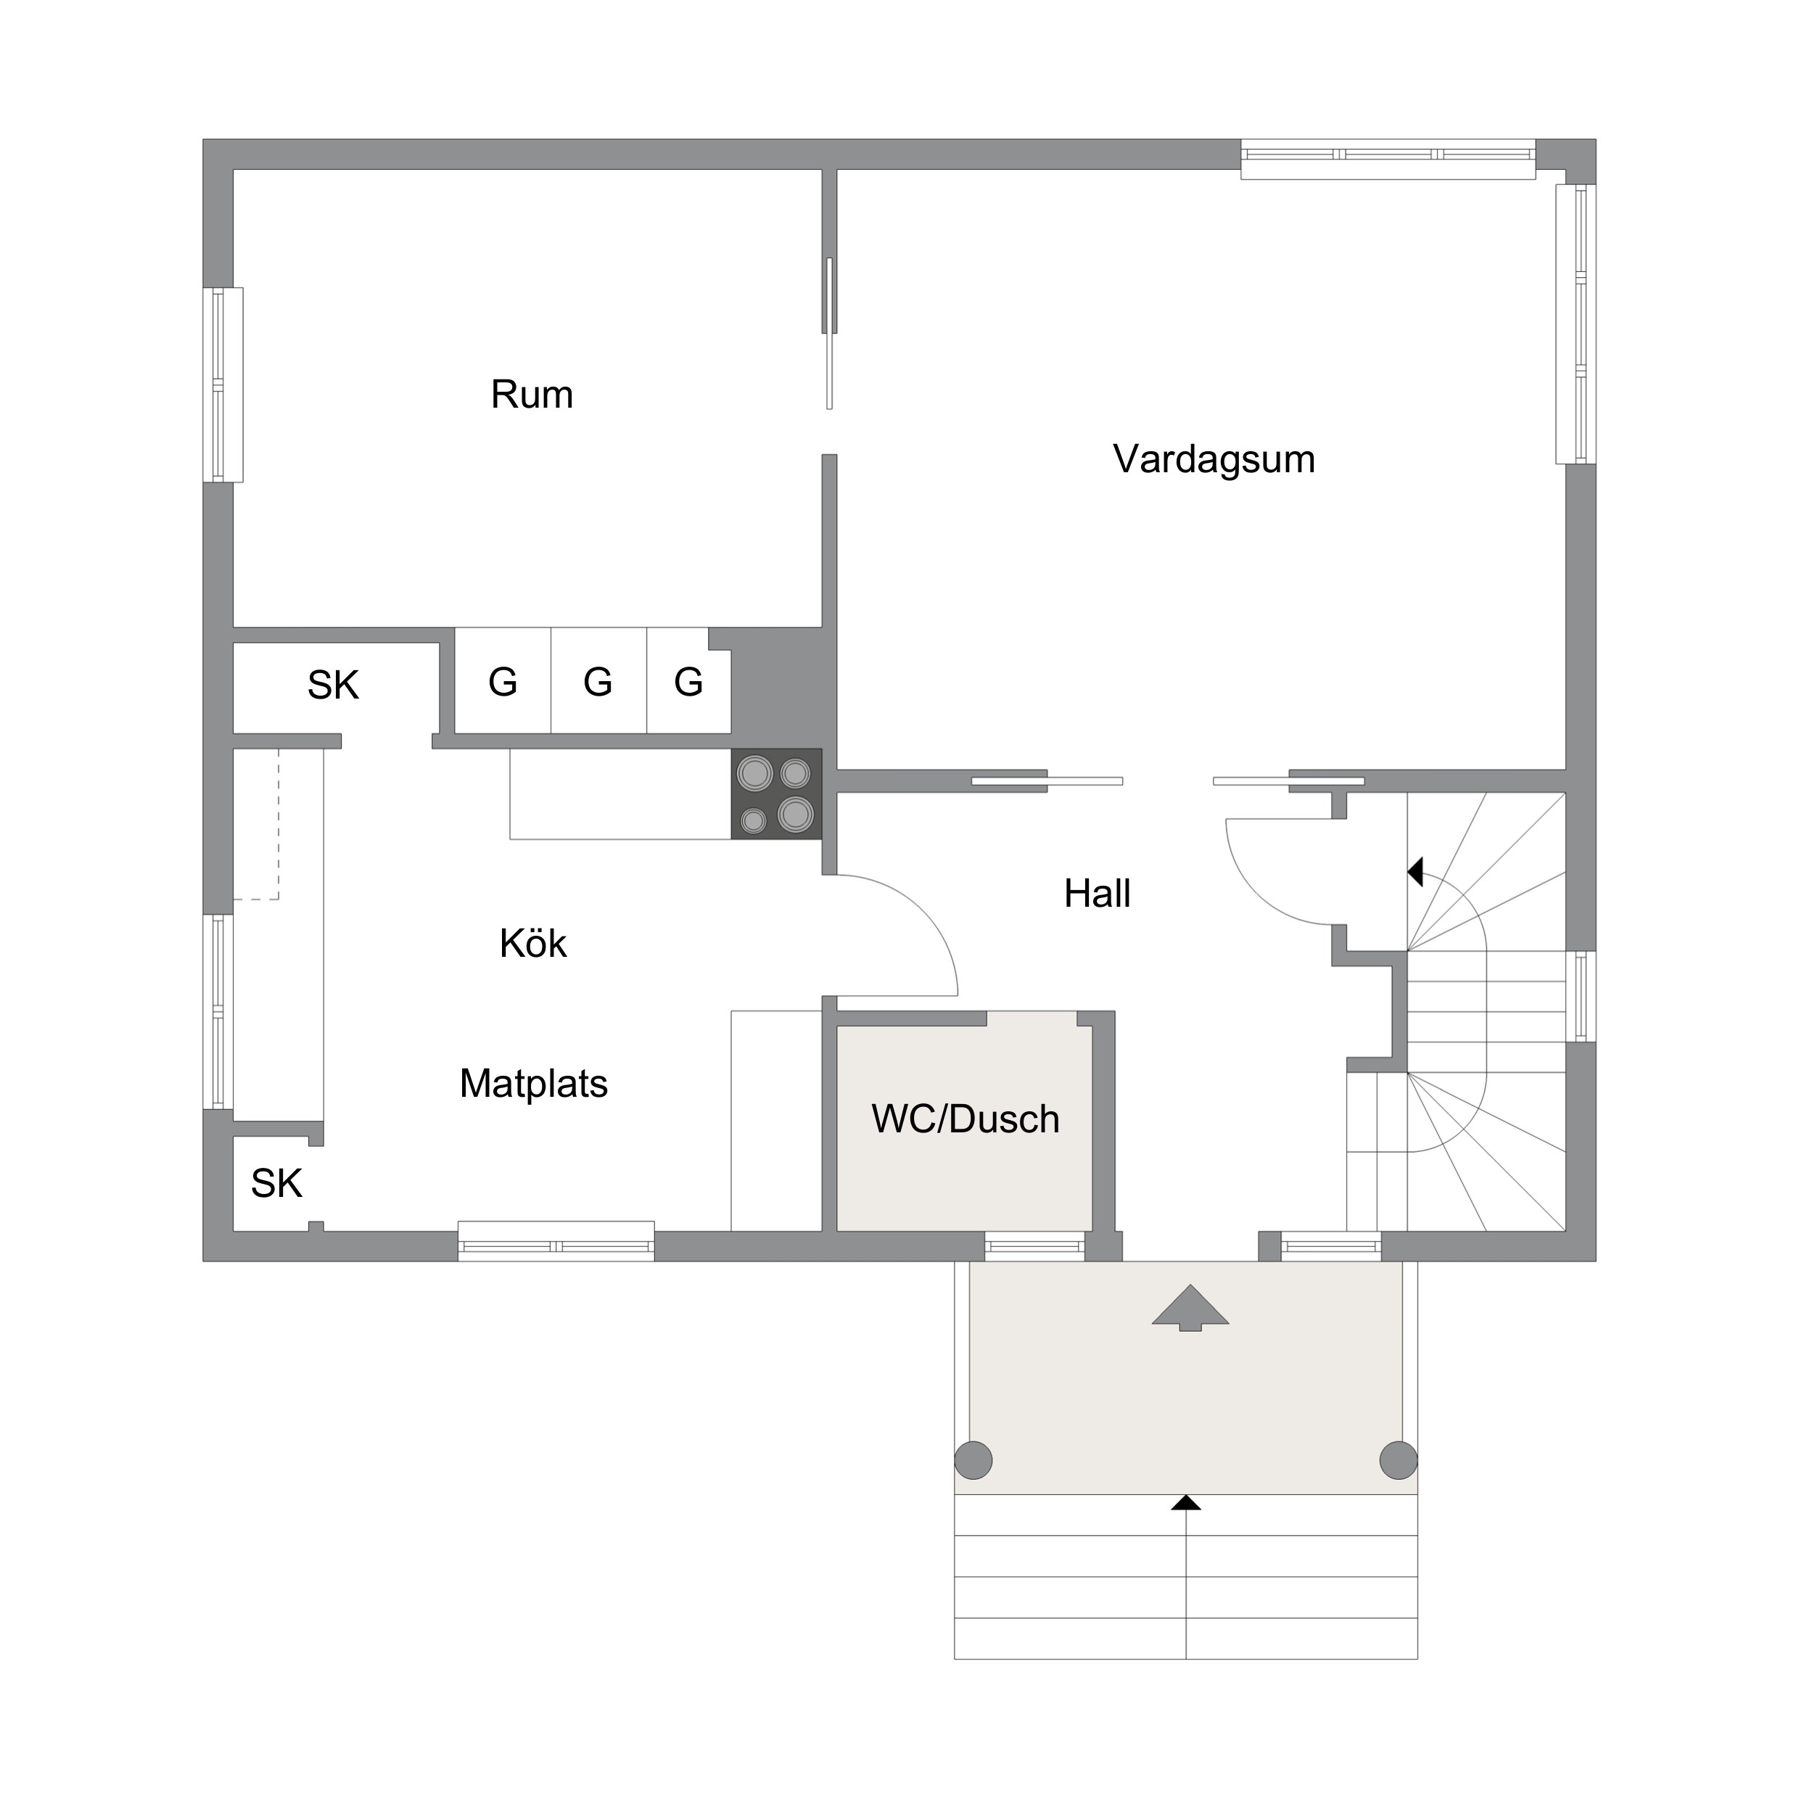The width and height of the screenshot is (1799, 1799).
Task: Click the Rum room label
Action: (532, 395)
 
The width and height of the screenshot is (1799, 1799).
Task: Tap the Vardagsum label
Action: (1214, 459)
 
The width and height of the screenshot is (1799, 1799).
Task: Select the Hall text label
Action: (1097, 894)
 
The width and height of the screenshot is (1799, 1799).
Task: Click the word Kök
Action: (532, 943)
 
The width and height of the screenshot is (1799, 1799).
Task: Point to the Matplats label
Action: (534, 1083)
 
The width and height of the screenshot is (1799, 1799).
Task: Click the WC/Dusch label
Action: (966, 1119)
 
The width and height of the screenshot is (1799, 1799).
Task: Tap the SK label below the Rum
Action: (334, 686)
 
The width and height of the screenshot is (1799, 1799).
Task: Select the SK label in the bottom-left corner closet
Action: (276, 1184)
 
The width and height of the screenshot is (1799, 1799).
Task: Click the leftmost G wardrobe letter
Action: (503, 683)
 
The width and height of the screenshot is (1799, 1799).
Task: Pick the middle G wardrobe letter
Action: (598, 683)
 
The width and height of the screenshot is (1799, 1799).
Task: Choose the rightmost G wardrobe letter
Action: (688, 683)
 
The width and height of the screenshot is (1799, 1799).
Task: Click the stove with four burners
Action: (777, 794)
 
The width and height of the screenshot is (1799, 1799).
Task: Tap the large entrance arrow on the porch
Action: (1190, 1309)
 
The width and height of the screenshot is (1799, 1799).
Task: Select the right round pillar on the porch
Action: (1398, 1460)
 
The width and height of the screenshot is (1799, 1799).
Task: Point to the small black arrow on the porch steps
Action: (1185, 1502)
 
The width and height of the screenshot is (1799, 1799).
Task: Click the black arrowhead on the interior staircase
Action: (1415, 873)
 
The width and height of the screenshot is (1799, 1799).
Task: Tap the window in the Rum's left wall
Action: (223, 384)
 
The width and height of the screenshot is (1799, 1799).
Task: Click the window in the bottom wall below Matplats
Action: (556, 1241)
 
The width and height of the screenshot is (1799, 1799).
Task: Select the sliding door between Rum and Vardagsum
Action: (828, 334)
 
